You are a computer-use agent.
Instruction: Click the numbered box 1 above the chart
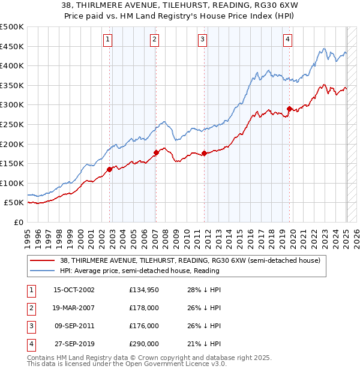tap(107, 40)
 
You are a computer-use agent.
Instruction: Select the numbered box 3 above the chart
tap(202, 40)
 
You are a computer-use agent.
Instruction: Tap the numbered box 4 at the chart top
tap(288, 40)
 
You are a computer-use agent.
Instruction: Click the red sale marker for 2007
tap(156, 152)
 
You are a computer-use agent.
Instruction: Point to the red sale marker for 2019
tap(289, 109)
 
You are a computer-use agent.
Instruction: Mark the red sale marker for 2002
tap(110, 169)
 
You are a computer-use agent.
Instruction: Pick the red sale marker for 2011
tap(204, 153)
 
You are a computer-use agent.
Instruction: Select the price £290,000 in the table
tap(144, 344)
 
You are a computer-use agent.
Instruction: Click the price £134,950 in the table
tap(144, 290)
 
